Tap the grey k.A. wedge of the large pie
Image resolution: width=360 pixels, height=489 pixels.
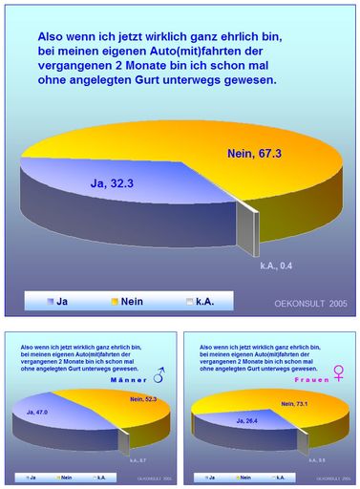(x=246, y=230)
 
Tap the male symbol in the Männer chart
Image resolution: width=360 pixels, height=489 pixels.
(x=158, y=378)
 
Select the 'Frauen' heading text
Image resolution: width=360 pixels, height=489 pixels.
(x=311, y=380)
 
